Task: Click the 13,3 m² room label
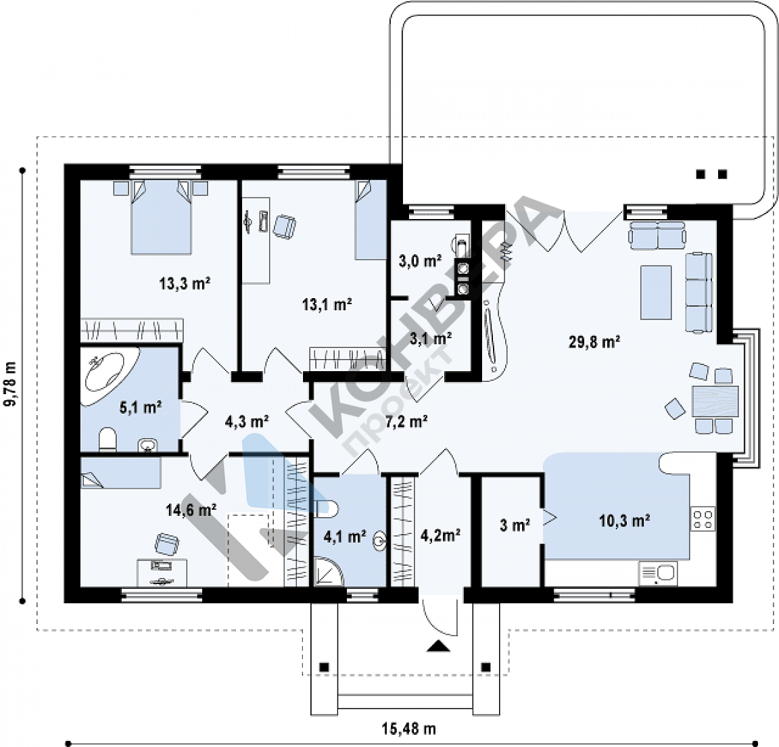pos(185,284)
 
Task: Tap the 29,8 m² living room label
pos(594,341)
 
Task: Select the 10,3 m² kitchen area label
pos(625,521)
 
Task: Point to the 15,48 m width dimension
pos(409,729)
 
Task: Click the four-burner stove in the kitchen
pos(703,519)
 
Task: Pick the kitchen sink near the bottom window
pos(658,574)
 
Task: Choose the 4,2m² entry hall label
pos(440,535)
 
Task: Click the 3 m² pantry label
pos(515,525)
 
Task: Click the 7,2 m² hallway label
pos(407,421)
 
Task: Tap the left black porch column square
pos(324,667)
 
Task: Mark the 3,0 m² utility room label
pos(421,260)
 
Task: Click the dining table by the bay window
pos(715,401)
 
